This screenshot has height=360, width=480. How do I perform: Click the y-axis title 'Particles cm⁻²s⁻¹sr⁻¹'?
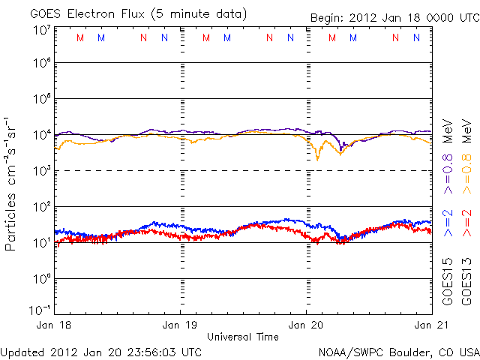pyautogui.click(x=13, y=183)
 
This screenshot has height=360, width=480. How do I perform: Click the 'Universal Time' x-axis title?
pyautogui.click(x=242, y=337)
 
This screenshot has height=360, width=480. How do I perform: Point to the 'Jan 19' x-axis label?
pyautogui.click(x=180, y=325)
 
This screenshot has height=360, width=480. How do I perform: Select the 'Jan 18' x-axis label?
pyautogui.click(x=54, y=325)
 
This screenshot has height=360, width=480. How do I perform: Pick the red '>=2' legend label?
pyautogui.click(x=466, y=223)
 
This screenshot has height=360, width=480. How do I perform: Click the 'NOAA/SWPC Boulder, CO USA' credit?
pyautogui.click(x=398, y=352)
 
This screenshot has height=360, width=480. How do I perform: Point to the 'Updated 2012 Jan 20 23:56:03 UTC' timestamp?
pyautogui.click(x=101, y=352)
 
